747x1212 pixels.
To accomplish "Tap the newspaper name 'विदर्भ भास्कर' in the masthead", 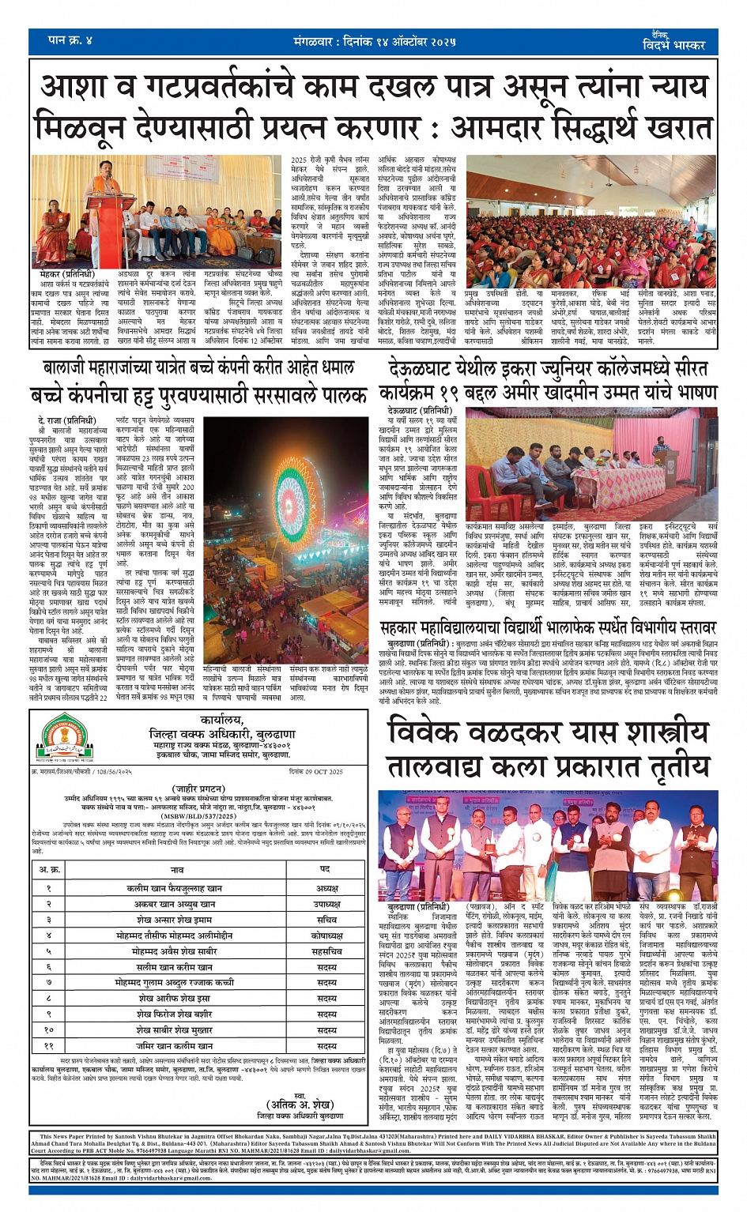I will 673,44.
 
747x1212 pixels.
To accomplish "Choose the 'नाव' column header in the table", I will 177,869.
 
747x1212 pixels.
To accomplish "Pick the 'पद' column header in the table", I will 325,869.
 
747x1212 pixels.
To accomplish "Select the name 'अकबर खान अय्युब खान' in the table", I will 175,904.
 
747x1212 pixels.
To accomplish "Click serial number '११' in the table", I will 48,1045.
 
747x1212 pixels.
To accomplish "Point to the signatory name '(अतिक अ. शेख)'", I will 300,1104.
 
